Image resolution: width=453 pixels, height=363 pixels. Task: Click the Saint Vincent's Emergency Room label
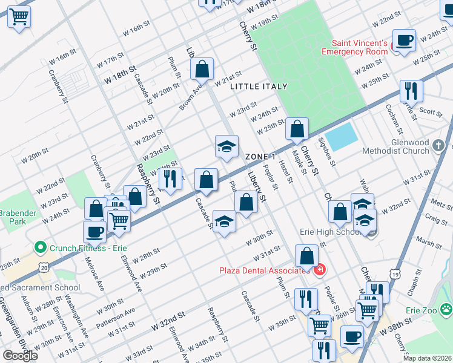(x=359, y=47)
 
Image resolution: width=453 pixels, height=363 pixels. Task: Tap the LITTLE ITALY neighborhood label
(x=259, y=87)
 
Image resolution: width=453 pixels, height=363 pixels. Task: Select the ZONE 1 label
(x=262, y=157)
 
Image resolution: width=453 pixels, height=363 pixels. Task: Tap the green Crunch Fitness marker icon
(x=41, y=247)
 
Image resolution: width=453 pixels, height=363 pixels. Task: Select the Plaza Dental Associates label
(x=263, y=270)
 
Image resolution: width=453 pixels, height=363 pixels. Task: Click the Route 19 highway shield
(x=395, y=274)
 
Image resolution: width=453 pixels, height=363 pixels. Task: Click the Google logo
(x=20, y=356)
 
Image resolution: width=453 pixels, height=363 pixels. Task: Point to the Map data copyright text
(x=427, y=358)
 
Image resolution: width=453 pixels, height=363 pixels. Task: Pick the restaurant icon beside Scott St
(x=411, y=91)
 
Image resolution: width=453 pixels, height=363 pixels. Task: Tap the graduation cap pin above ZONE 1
(x=226, y=147)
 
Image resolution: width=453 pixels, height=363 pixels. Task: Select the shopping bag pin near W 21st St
(x=202, y=70)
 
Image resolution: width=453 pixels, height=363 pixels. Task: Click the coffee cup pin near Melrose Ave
(x=94, y=231)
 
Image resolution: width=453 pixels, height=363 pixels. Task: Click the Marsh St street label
(x=429, y=243)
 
